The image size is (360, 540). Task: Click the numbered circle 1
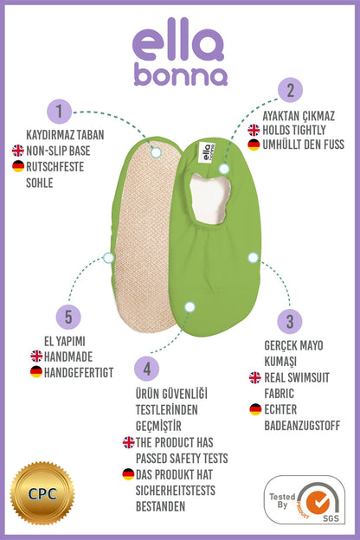click(x=59, y=112)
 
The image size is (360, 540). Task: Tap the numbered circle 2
click(x=291, y=90)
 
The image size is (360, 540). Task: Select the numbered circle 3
click(x=290, y=322)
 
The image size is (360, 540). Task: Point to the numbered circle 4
click(x=147, y=369)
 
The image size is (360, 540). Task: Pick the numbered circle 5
click(x=68, y=317)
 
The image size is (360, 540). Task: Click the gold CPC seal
click(x=42, y=493)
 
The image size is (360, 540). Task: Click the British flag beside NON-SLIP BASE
click(x=18, y=151)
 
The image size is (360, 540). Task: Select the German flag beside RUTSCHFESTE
click(x=18, y=166)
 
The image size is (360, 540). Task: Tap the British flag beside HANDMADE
click(x=36, y=356)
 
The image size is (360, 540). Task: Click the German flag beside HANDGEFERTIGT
click(x=36, y=372)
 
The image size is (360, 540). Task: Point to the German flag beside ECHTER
click(x=255, y=409)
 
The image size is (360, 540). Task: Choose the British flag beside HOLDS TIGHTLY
click(x=254, y=130)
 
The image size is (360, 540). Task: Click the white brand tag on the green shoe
click(x=208, y=152)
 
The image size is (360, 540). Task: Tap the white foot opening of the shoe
click(x=209, y=198)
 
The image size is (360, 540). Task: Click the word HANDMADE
click(x=68, y=357)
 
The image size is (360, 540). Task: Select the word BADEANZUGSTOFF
click(x=302, y=426)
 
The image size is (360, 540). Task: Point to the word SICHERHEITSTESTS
click(x=176, y=491)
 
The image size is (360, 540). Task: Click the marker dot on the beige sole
click(x=156, y=152)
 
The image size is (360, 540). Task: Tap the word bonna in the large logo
click(x=181, y=74)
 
